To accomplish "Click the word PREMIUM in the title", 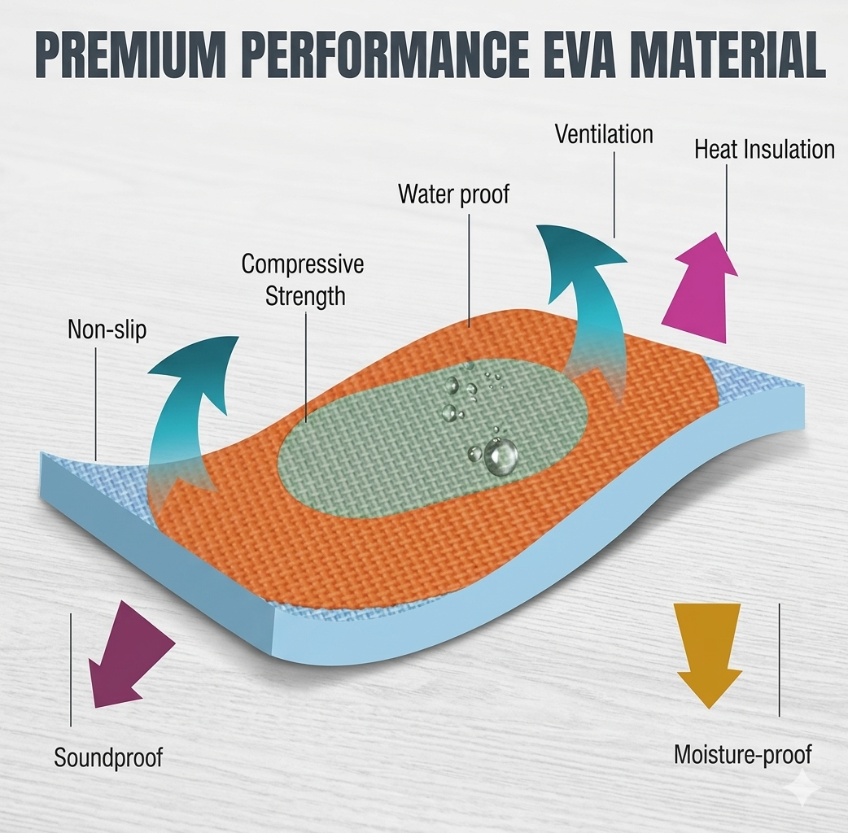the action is click(x=130, y=55).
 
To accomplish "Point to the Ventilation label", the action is click(x=604, y=134).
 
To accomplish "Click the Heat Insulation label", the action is click(x=764, y=149).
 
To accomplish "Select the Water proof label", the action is click(x=454, y=194).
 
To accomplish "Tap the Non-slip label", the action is click(x=107, y=329).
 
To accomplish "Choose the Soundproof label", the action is click(x=108, y=757).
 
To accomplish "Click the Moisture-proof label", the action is click(x=742, y=755).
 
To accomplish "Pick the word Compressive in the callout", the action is click(x=302, y=264).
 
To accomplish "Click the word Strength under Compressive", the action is click(x=305, y=296).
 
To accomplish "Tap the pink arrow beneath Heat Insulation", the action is click(x=699, y=288).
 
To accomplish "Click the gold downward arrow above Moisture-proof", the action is click(x=708, y=655).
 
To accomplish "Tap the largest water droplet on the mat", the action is click(x=500, y=456).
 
